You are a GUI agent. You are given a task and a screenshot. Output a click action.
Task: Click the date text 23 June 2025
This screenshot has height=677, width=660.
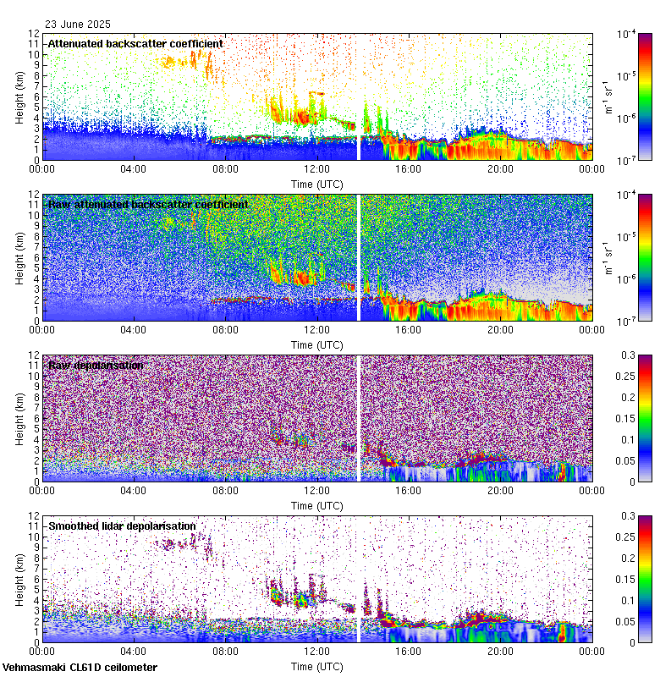[x=78, y=25]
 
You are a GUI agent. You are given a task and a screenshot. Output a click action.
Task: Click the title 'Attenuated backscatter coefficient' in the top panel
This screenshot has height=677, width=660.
[x=135, y=43]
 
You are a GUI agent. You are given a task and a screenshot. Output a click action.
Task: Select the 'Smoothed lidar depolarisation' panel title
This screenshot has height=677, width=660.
[x=122, y=526]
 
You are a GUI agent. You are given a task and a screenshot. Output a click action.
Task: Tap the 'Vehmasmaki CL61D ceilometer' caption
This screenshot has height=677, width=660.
[x=80, y=668]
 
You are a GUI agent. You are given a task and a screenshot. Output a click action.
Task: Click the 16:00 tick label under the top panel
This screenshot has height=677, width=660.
[x=409, y=168]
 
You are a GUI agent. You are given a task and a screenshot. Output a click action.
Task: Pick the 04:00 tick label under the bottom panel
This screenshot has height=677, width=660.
[x=133, y=651]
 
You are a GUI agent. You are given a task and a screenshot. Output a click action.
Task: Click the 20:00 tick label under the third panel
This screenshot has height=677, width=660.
[x=500, y=490]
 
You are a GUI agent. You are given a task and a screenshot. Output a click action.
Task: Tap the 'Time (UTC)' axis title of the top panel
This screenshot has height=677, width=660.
[x=316, y=184]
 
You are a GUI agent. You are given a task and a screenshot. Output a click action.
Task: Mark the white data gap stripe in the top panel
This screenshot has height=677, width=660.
[x=358, y=96]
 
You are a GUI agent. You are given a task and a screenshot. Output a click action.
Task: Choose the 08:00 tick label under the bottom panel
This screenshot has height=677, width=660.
[x=225, y=651]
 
